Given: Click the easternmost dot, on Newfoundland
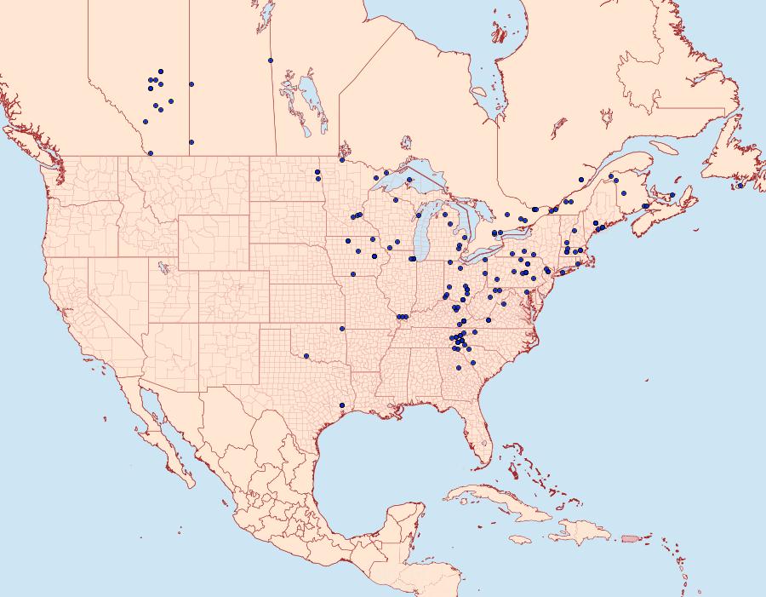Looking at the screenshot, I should point(740,186).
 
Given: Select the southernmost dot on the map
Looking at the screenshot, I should point(341,405).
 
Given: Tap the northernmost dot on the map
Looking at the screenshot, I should point(270,60).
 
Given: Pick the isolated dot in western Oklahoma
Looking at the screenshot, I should point(306,356).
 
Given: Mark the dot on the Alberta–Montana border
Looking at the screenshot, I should point(151,153).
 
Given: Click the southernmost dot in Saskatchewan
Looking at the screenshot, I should point(191,142).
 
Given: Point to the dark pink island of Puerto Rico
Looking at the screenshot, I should point(630,537).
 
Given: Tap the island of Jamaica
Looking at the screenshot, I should point(520,539).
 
